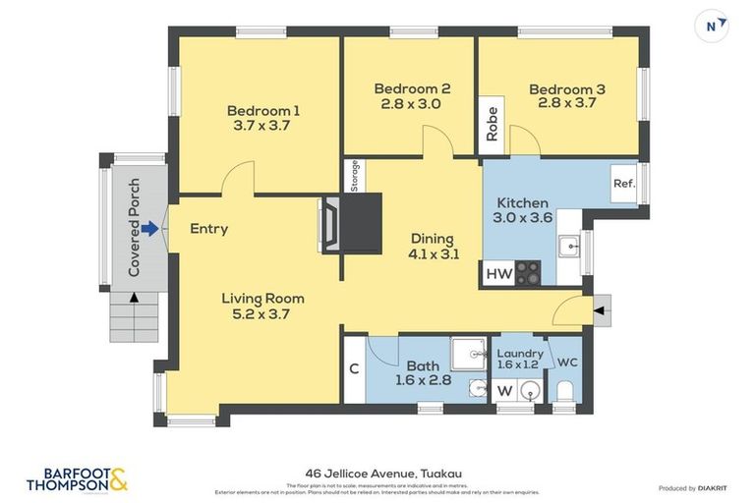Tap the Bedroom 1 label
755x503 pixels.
point(263,110)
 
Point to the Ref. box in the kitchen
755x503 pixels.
point(623,184)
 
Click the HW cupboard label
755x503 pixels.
point(499,274)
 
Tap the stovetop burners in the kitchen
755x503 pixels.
point(528,272)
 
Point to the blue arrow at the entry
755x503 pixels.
point(148,229)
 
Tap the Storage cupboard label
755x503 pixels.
point(354,176)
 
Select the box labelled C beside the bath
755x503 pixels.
point(354,369)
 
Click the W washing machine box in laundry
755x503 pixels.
point(503,391)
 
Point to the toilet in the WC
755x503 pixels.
point(564,392)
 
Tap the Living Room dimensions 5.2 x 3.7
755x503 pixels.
point(261,314)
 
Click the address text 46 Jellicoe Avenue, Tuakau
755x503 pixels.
point(377,473)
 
